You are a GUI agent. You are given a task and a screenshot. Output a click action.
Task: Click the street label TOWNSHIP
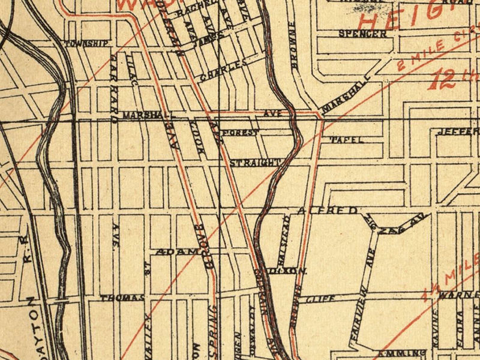[88, 44]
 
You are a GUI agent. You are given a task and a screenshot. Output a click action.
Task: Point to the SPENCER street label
[362, 34]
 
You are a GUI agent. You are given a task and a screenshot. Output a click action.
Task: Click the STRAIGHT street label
[256, 162]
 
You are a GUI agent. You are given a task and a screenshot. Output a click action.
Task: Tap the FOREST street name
[239, 131]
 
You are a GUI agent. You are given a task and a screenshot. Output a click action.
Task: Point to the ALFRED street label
[328, 211]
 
